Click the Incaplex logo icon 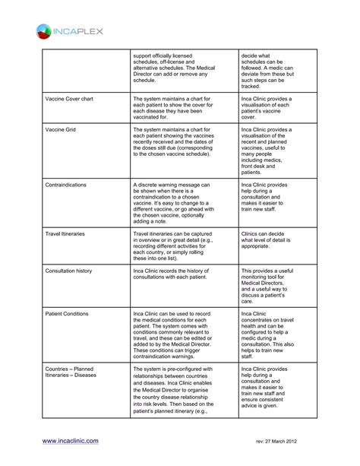(43, 32)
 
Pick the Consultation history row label (72, 270)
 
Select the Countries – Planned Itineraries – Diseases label (74, 372)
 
